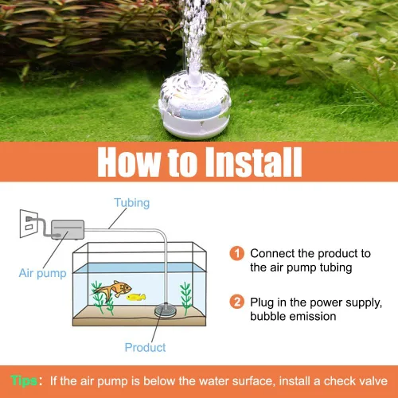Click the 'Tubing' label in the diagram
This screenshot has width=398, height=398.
point(132,203)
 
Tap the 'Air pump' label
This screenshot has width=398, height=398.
point(42,273)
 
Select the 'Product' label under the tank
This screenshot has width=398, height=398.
point(145,348)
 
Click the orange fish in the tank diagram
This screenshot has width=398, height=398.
point(113,290)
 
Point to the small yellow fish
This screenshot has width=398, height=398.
point(136,297)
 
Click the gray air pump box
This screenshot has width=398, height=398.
point(68,229)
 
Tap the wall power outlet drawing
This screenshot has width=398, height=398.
point(29,224)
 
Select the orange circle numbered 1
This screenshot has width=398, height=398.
point(236,253)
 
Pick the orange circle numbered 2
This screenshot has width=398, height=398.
point(236,302)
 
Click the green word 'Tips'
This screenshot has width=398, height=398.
point(24,381)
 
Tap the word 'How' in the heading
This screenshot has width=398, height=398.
point(129,162)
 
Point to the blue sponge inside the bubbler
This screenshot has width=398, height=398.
point(196,111)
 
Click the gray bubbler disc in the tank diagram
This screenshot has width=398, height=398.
point(166,311)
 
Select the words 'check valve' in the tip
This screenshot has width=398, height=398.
point(356,381)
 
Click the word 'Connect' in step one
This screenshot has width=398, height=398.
point(272,253)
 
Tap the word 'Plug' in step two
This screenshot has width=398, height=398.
point(262,303)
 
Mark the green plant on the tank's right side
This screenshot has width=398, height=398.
point(185,297)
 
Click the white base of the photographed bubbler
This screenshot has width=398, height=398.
point(195,125)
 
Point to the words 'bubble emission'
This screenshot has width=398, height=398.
point(293,316)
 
